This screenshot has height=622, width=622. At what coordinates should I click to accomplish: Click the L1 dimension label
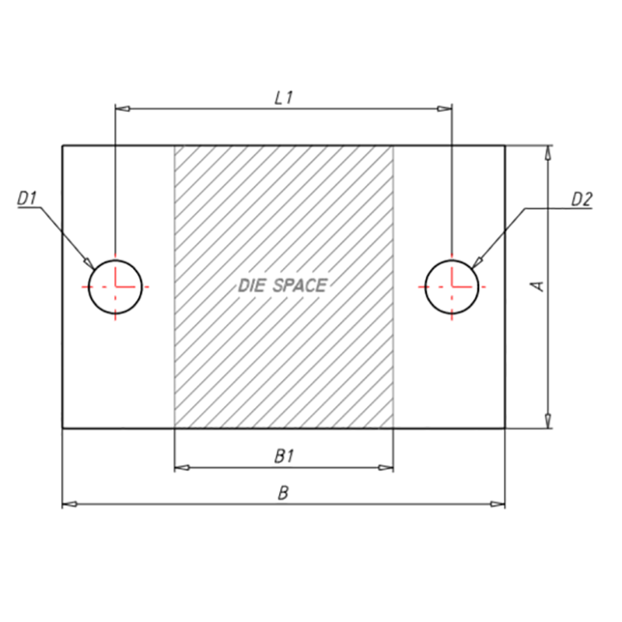click(x=284, y=98)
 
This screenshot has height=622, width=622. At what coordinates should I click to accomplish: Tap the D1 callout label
click(x=27, y=198)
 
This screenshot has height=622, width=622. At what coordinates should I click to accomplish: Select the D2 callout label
click(x=582, y=199)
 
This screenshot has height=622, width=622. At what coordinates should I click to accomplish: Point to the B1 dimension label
click(x=284, y=456)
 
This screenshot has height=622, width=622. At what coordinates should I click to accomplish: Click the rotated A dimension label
click(x=537, y=286)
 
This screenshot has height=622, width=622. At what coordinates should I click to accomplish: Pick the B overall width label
click(x=283, y=493)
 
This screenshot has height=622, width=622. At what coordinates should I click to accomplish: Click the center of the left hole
click(x=115, y=287)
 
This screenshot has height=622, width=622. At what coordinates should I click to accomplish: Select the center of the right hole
click(x=452, y=287)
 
